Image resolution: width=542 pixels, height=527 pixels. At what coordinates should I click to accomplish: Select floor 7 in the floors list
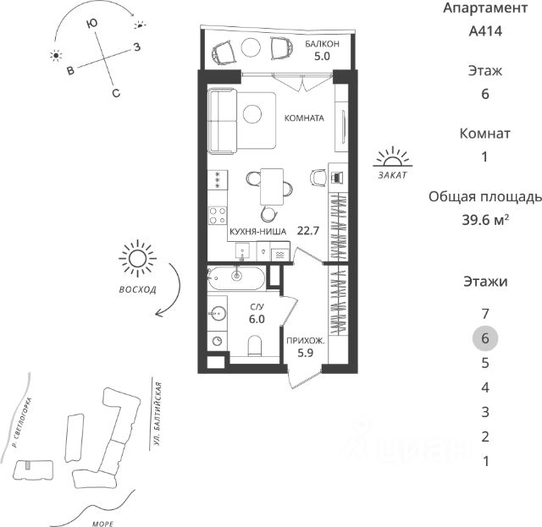pos(484,313)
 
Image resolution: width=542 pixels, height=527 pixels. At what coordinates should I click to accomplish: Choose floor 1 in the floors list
pos(484,462)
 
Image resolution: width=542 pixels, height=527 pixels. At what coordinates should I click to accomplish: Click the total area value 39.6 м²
pos(480,220)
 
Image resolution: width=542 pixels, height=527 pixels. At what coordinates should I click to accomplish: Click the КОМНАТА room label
pos(304,118)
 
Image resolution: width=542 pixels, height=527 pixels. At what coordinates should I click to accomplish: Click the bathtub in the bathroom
pos(236,277)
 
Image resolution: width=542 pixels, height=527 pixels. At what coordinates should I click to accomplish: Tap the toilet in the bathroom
pos(252,344)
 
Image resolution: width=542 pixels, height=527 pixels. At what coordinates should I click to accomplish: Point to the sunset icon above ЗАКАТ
pos(392,156)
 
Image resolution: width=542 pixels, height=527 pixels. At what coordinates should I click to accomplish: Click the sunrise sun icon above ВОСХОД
pos(137,260)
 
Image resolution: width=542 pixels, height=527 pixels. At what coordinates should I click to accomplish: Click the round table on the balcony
pos(252,47)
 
